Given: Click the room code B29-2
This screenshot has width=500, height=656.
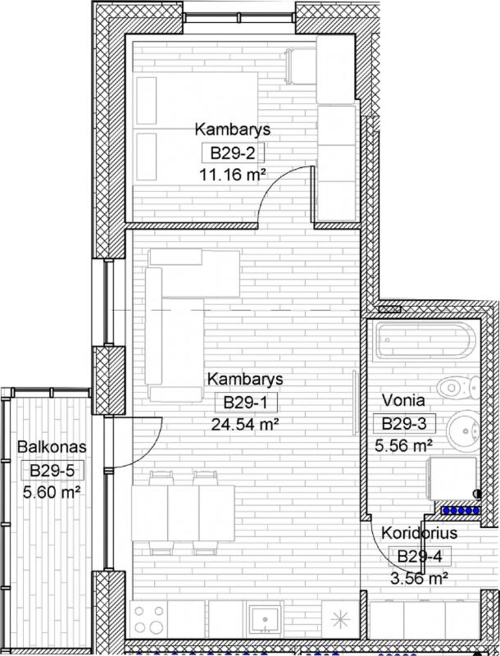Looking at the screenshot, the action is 233,153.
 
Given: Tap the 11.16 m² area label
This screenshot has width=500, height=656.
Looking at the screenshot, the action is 233,174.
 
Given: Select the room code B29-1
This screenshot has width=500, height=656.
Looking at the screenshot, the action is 245,403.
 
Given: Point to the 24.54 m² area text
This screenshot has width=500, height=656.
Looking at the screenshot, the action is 245,424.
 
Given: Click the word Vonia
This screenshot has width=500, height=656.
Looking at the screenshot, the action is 403,400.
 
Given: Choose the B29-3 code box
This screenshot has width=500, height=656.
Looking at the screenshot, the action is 404,423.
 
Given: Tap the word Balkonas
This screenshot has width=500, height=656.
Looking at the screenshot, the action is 52,446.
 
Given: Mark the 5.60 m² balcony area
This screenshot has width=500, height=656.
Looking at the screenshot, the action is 52,492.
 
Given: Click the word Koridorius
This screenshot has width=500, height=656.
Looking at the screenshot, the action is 420,533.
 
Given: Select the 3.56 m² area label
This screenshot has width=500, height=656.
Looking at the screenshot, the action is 420,579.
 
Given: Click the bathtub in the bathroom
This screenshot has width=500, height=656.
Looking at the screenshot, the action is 425,341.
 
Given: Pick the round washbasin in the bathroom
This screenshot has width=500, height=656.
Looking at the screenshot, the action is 463,430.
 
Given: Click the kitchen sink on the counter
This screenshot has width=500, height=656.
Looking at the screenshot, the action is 265,618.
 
